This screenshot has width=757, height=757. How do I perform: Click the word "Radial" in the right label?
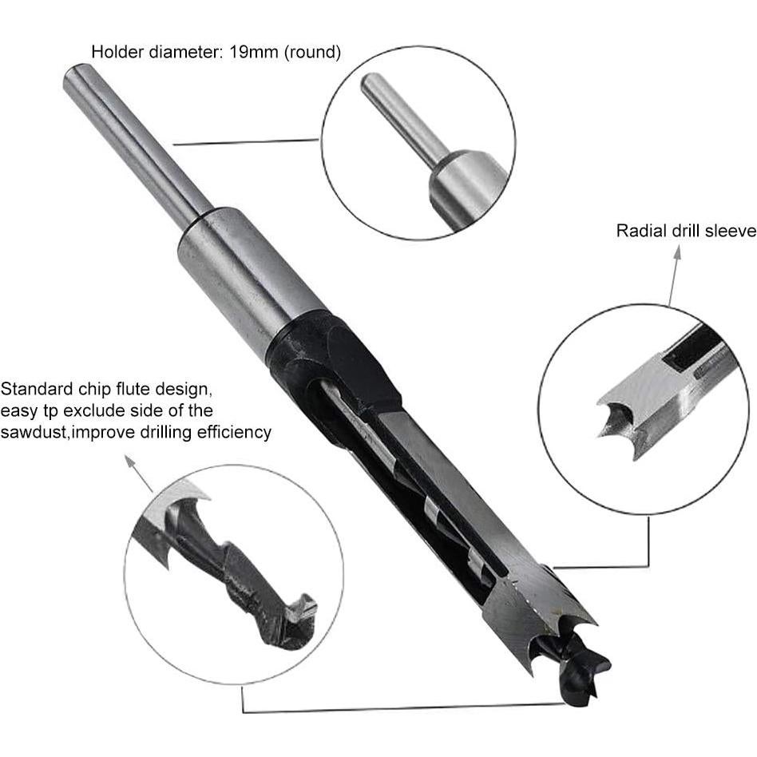tap(638, 231)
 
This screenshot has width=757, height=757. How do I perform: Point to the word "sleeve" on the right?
tap(730, 231)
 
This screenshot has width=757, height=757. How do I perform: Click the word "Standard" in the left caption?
tap(32, 390)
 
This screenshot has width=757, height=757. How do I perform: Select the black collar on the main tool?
tap(335, 359)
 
